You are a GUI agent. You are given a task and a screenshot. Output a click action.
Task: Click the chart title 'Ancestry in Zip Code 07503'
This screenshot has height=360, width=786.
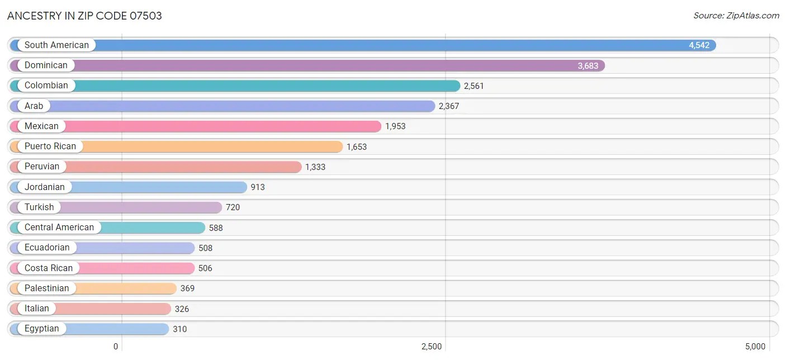(x=84, y=16)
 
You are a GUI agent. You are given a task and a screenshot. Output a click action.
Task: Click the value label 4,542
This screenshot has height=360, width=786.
(x=699, y=45)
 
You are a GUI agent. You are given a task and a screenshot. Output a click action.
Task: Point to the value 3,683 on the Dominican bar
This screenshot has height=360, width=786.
(x=588, y=66)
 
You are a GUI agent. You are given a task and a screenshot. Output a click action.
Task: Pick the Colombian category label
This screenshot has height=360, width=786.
(x=46, y=86)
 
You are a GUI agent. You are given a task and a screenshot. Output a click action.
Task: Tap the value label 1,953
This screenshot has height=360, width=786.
(x=395, y=126)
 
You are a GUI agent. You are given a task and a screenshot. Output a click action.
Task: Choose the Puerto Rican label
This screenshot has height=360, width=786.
(x=50, y=146)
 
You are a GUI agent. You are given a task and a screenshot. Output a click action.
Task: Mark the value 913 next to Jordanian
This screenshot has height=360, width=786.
(x=258, y=187)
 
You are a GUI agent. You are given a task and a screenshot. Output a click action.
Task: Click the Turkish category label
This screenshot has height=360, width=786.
(x=39, y=207)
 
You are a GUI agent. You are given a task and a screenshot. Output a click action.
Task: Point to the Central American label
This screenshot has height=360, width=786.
(x=59, y=228)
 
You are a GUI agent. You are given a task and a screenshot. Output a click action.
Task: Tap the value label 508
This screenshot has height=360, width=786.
(x=205, y=248)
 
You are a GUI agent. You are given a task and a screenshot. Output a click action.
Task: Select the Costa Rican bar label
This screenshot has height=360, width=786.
(x=48, y=268)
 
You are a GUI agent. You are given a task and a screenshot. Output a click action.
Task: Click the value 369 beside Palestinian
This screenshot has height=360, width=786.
(x=187, y=288)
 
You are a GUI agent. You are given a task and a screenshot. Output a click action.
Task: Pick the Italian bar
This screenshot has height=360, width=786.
(x=112, y=309)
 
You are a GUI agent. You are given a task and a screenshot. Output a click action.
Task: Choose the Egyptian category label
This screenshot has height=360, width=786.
(x=41, y=329)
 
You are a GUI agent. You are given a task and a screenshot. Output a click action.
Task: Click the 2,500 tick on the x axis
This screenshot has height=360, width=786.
(x=432, y=347)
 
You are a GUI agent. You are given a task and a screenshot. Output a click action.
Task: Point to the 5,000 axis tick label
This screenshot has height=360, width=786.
(x=755, y=347)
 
